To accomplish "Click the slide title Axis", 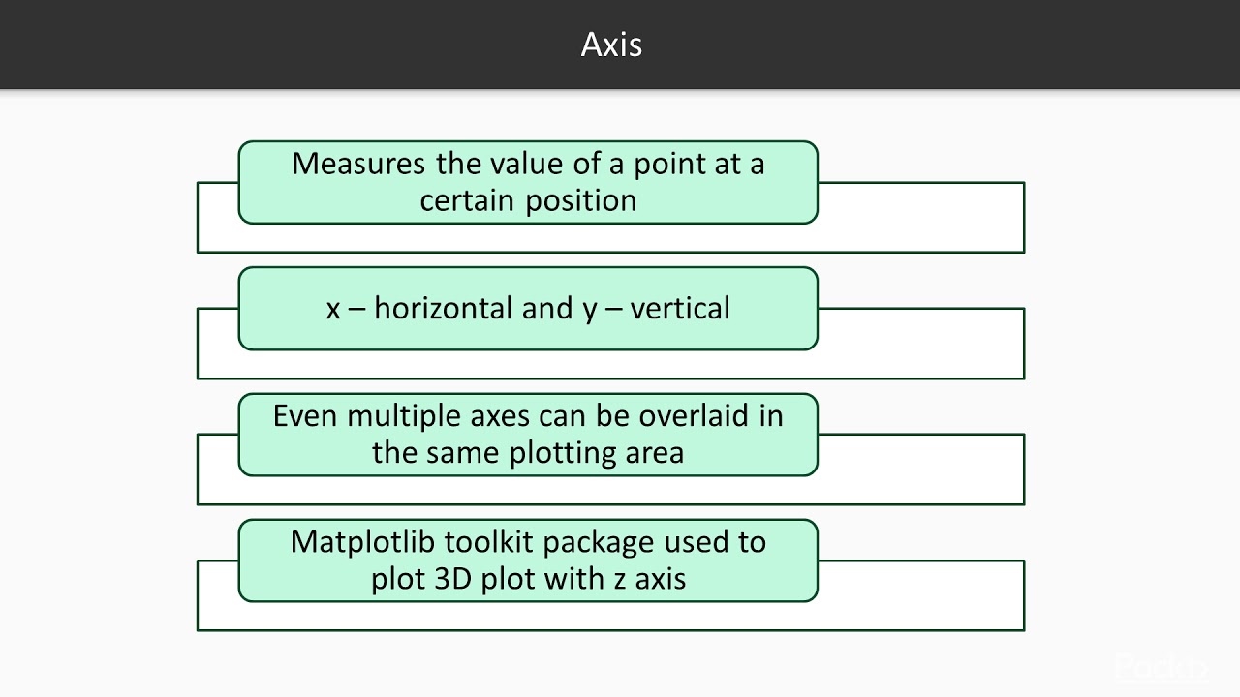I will click(x=611, y=45).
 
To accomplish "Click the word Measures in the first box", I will click(x=358, y=164).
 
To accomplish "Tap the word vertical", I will click(x=680, y=309).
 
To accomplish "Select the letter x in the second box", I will click(x=333, y=310).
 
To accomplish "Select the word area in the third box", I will click(x=655, y=453).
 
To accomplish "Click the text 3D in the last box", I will click(x=454, y=579).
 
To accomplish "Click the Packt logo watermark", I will click(x=1161, y=668).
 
